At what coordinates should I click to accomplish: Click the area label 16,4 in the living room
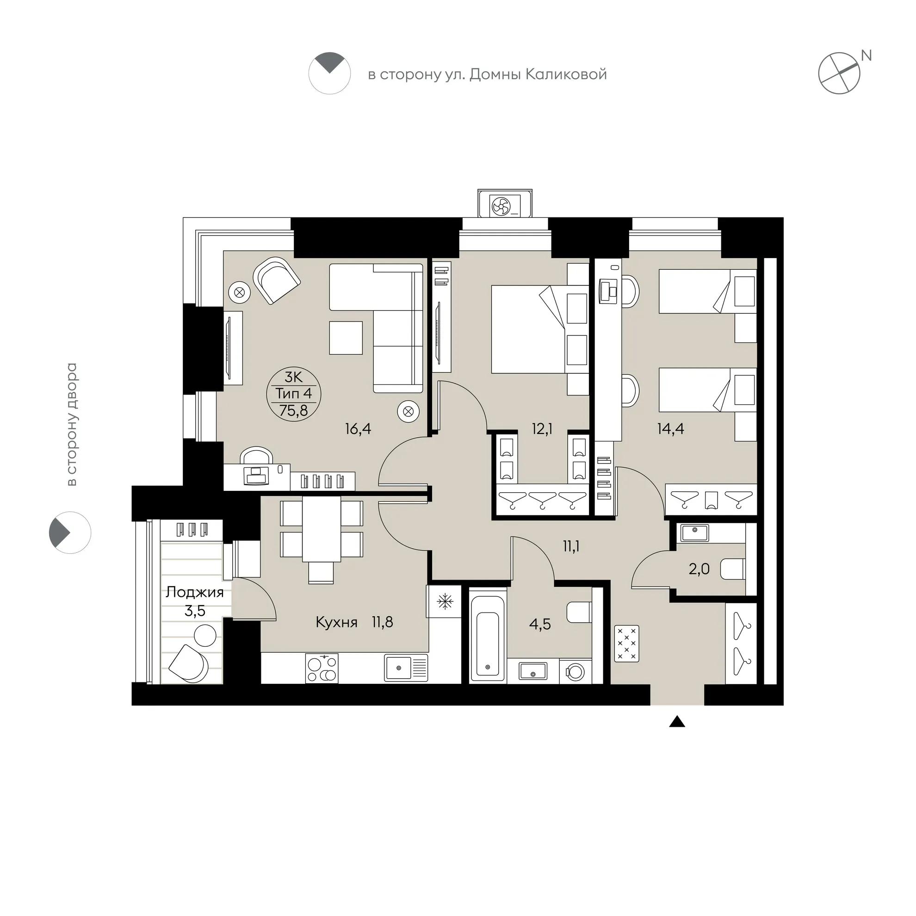click(358, 429)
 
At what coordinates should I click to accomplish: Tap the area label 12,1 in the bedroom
click(542, 429)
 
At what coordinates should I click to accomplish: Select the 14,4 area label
click(671, 429)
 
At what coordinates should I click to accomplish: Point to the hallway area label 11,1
click(571, 546)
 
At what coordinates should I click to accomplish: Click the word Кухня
click(337, 622)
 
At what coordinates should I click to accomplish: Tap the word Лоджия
click(194, 593)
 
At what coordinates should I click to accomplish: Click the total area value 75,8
click(293, 411)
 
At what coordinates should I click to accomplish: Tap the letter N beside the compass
click(866, 56)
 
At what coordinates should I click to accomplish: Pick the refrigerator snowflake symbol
click(445, 602)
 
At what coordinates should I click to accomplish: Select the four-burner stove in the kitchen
click(322, 668)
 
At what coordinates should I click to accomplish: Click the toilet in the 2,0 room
click(733, 569)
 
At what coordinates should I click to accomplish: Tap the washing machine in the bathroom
click(575, 671)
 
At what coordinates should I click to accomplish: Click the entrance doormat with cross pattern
click(627, 644)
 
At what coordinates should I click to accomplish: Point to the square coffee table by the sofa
click(346, 338)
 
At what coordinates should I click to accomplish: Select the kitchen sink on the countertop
click(406, 668)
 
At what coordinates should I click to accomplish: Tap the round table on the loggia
click(205, 635)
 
